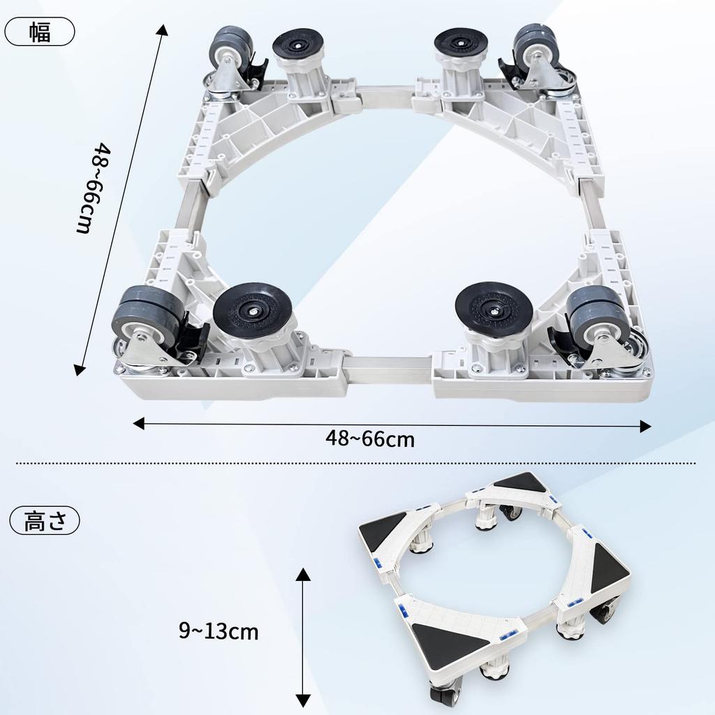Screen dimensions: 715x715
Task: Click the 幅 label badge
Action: [x=40, y=32]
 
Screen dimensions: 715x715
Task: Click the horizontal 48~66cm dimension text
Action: [x=369, y=438]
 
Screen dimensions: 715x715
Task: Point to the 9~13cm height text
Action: [x=219, y=632]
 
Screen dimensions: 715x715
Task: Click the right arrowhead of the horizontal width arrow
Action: [x=645, y=426]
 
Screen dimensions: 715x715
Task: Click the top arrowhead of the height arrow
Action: [x=302, y=574]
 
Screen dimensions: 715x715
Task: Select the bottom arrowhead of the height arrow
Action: [x=302, y=700]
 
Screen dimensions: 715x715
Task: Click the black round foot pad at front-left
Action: [x=253, y=307]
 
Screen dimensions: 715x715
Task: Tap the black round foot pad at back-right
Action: [x=460, y=43]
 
